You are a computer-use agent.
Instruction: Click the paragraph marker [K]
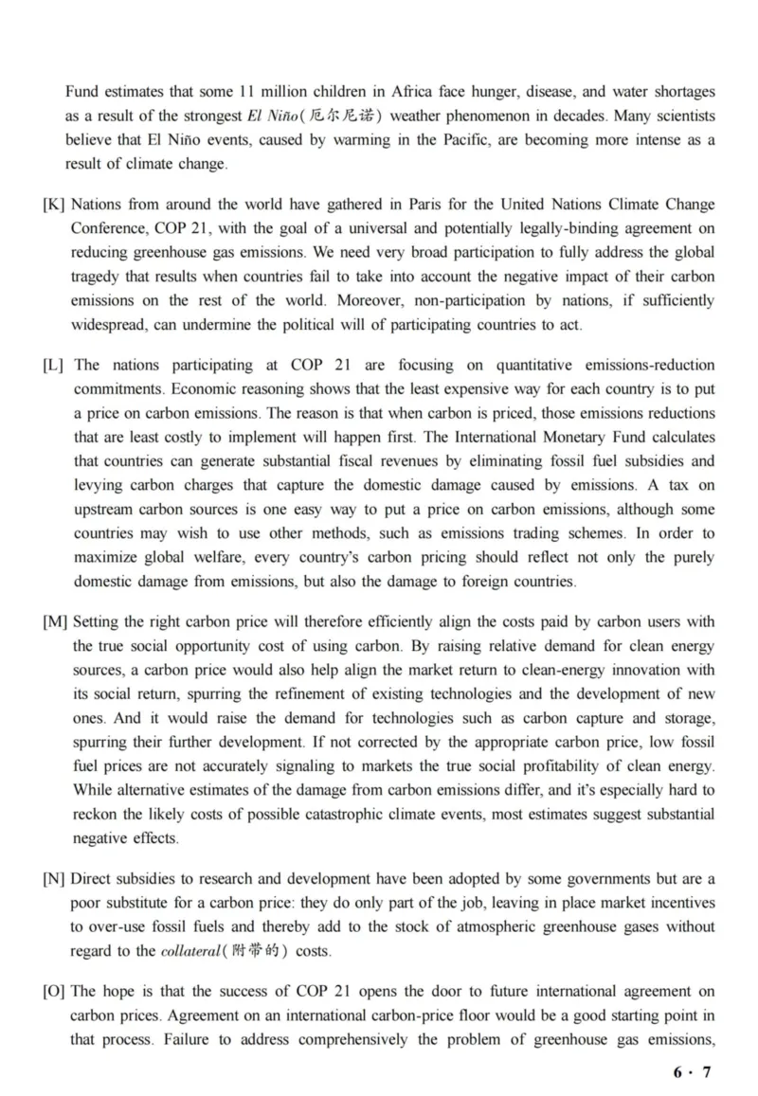[x=53, y=206]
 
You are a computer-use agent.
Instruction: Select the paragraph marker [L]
[x=53, y=366]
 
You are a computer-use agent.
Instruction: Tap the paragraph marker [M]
[x=55, y=621]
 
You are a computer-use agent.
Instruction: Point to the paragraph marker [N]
[x=54, y=880]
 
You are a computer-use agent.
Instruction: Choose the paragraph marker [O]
[x=54, y=992]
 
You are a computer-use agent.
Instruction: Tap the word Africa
[x=406, y=92]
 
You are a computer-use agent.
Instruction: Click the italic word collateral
[x=189, y=951]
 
